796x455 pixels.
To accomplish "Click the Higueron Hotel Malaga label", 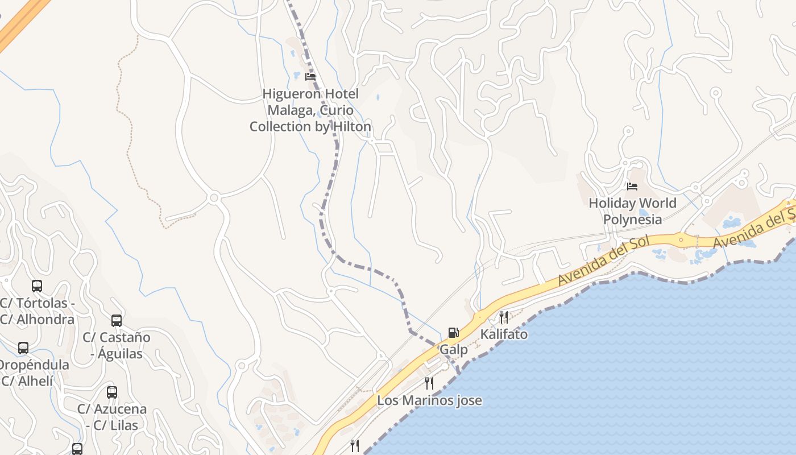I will (x=310, y=110).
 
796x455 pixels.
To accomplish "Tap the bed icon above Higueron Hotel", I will (x=310, y=76).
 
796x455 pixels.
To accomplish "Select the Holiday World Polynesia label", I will (x=632, y=211).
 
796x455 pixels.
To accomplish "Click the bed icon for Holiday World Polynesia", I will (x=632, y=186).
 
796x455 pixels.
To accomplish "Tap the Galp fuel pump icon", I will (x=453, y=333).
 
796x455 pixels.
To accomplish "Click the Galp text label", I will (x=454, y=350).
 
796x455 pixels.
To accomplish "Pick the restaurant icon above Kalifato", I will (x=504, y=317).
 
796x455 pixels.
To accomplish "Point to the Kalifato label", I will (x=504, y=334).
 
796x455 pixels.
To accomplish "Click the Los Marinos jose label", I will (x=429, y=400).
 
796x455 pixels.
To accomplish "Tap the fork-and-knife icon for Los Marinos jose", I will (x=429, y=383).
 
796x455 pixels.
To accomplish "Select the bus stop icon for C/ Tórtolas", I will (x=37, y=286).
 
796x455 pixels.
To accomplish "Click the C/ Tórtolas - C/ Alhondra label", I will (x=37, y=311).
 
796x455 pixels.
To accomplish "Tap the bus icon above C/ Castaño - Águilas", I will (x=117, y=321).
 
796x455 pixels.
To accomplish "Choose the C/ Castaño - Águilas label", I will (x=117, y=345).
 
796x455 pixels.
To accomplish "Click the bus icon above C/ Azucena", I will (x=112, y=392).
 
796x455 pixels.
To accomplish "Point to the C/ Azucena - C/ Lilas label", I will (x=112, y=417).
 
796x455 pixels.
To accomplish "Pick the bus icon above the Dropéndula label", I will (x=23, y=348).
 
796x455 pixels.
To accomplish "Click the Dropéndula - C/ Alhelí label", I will (x=32, y=373).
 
